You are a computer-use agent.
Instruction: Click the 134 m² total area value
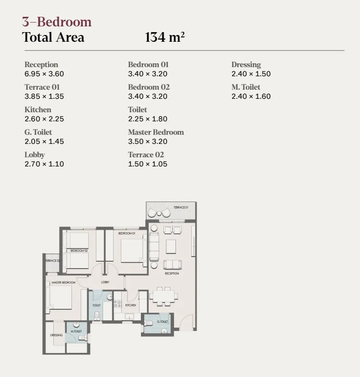click(165, 37)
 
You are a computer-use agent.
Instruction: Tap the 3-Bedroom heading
click(57, 22)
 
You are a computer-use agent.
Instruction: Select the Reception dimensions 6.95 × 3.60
click(44, 74)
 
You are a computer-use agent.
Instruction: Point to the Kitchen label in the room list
click(37, 109)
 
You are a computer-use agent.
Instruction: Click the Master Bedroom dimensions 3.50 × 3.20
click(148, 141)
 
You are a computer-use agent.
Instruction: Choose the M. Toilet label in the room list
click(246, 87)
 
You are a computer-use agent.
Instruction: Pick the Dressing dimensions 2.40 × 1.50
click(251, 74)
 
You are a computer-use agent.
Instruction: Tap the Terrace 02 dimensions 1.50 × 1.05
click(148, 164)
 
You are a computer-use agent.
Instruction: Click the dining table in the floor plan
click(163, 295)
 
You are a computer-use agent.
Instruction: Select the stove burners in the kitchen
click(117, 303)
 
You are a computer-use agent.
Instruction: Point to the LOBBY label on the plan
click(105, 282)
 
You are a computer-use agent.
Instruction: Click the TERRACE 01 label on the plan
click(180, 207)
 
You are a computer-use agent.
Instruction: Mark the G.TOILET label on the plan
click(163, 321)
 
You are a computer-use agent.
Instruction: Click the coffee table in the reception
click(171, 246)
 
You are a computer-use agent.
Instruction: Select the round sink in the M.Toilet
click(76, 325)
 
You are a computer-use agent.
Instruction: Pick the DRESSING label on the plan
click(56, 335)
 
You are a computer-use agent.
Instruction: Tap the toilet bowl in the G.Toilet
click(164, 330)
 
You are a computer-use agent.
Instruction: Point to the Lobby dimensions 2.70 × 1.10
click(44, 164)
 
